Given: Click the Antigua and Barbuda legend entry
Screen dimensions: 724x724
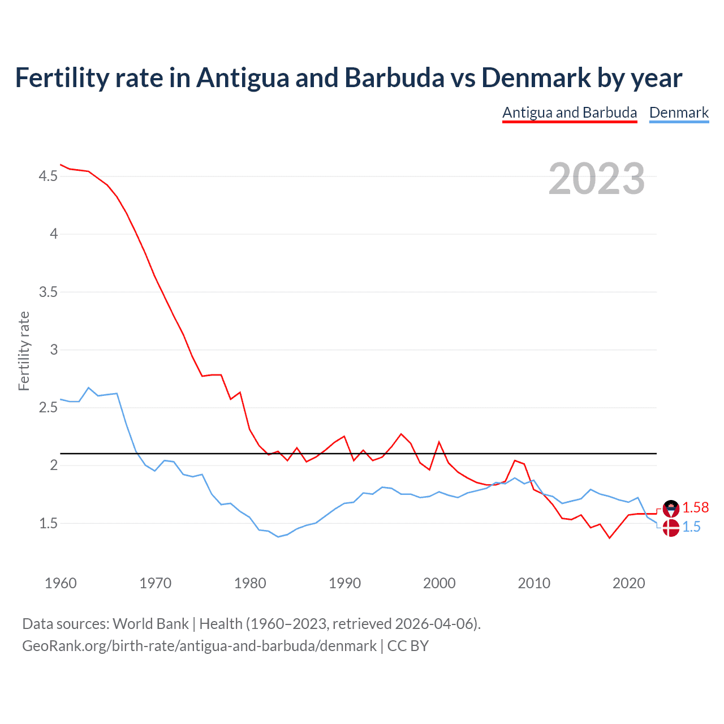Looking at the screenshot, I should pos(570,113).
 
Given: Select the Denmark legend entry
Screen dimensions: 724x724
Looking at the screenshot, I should pos(679,113).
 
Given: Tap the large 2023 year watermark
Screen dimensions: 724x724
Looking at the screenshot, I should pos(597,179).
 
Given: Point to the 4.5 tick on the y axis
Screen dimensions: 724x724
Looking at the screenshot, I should pos(48,176).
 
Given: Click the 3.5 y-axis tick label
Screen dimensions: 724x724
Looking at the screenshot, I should pos(48,292).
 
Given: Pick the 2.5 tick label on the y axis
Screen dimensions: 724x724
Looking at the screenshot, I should pos(48,408).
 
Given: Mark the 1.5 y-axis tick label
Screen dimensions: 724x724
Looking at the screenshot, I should pos(48,523).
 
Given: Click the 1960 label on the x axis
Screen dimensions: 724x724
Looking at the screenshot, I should pos(61,583).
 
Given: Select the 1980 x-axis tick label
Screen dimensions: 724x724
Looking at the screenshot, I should pos(250,583).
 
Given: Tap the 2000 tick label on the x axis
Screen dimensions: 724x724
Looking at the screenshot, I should pos(439,583).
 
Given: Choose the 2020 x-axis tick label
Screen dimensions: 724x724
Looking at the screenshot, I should pos(628,583).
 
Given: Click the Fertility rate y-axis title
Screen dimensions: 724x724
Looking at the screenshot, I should pos(24,351).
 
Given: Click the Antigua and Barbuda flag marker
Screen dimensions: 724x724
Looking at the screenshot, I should pos(671,508).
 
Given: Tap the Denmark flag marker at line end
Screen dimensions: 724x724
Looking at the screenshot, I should pos(671,528).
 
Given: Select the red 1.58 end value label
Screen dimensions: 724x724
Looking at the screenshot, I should pos(695,508).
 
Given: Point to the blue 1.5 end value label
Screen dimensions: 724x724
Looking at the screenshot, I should pos(691,527).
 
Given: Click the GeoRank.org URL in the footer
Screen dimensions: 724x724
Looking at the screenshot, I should pos(199,645).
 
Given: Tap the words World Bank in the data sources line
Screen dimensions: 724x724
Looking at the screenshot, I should pos(150,624).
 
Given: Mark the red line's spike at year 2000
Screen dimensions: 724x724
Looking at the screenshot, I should pos(439,442).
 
